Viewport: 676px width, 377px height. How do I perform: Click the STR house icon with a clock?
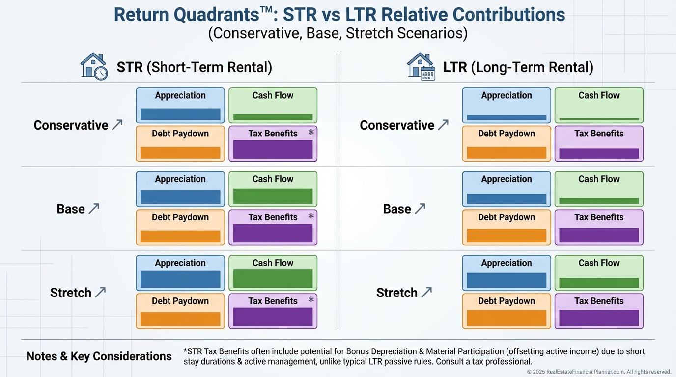pos(94,66)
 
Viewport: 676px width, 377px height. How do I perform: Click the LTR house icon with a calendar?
pos(421,66)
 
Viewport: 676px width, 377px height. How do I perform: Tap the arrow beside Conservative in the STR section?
pos(117,125)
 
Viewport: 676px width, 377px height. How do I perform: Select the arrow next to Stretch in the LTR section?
pos(426,293)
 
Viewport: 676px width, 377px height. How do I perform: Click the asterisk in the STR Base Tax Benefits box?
pos(310,216)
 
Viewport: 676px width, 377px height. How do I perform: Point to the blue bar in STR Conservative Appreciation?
pos(180,114)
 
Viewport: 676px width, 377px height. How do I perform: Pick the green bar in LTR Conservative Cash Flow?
pos(599,119)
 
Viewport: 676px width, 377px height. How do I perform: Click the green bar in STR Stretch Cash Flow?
pos(273,278)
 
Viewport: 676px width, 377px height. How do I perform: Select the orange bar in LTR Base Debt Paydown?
pos(507,236)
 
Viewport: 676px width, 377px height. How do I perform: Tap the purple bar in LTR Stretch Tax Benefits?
pos(599,318)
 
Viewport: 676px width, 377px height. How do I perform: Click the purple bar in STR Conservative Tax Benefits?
pos(273,149)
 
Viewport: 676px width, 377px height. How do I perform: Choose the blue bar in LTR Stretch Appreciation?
pos(507,280)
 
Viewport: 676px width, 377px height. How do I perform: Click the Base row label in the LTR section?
pos(397,209)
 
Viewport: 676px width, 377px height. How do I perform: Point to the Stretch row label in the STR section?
pos(71,293)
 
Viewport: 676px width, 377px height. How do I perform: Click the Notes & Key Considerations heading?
pos(99,356)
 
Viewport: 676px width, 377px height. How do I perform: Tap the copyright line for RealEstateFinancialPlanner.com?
pos(599,372)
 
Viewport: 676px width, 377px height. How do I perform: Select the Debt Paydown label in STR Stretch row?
pos(180,301)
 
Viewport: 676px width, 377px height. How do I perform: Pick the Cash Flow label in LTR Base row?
pos(599,179)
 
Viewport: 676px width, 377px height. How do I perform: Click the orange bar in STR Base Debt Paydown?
pos(180,237)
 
